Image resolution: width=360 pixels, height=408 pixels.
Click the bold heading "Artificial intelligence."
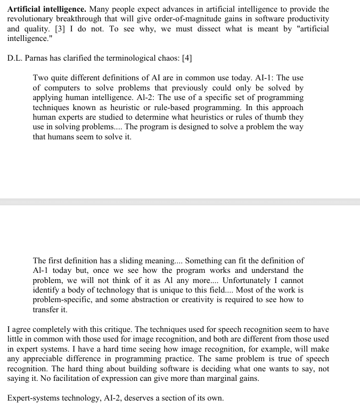(44, 10)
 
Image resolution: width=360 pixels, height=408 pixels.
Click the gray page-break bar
(180, 202)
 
